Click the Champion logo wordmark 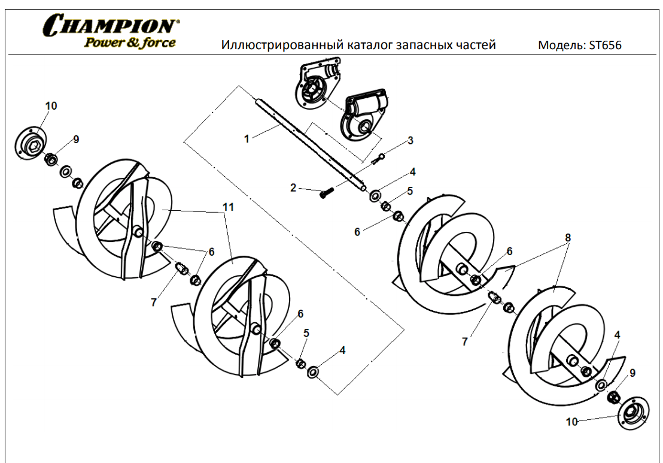(x=111, y=25)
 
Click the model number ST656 (x=605, y=46)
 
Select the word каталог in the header (x=368, y=45)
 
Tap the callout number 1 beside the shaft (x=247, y=139)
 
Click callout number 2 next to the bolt (x=293, y=187)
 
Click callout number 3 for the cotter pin (x=410, y=141)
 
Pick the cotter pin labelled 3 (x=378, y=159)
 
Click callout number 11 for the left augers (x=228, y=207)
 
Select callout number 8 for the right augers (x=568, y=237)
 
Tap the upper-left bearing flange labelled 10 (x=31, y=144)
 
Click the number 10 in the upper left (x=51, y=106)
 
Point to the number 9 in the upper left (x=76, y=139)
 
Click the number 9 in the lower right (x=632, y=373)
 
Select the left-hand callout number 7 (x=154, y=302)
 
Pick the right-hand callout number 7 (x=465, y=341)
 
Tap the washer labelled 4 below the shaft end (x=375, y=196)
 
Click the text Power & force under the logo (x=130, y=43)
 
